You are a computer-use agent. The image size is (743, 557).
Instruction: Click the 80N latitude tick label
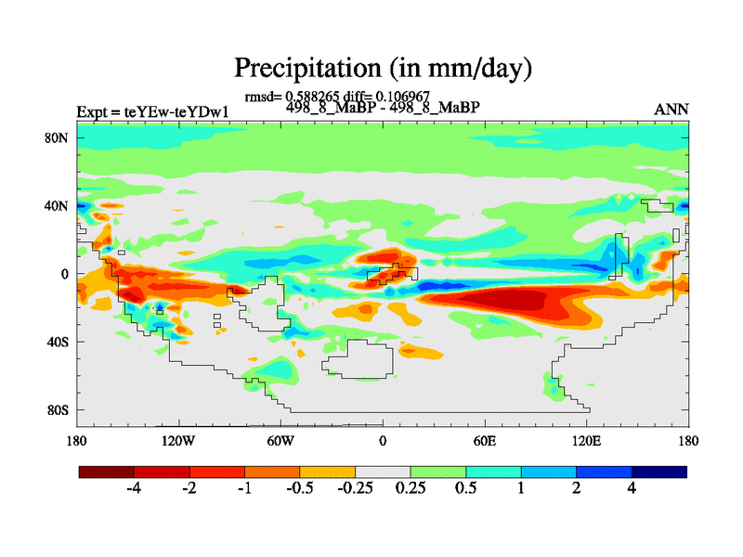pyautogui.click(x=59, y=137)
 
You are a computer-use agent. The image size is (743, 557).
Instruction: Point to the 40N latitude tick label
pyautogui.click(x=59, y=205)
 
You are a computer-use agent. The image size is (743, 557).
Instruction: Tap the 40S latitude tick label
pyautogui.click(x=59, y=342)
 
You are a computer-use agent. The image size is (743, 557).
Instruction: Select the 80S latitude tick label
pyautogui.click(x=59, y=409)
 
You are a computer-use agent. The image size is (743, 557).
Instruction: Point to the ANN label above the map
pyautogui.click(x=671, y=110)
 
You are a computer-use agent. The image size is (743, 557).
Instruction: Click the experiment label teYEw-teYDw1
pyautogui.click(x=176, y=111)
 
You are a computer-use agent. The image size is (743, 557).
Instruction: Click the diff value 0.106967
pyautogui.click(x=402, y=96)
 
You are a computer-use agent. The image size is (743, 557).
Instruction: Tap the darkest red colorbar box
pyautogui.click(x=107, y=473)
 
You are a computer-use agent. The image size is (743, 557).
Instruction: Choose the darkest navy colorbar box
pyautogui.click(x=658, y=473)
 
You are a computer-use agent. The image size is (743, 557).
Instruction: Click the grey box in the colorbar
pyautogui.click(x=383, y=473)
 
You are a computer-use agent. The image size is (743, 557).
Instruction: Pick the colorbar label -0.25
pyautogui.click(x=355, y=490)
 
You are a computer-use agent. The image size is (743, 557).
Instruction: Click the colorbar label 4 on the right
pyautogui.click(x=632, y=490)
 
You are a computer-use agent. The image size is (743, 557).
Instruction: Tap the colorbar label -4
pyautogui.click(x=133, y=490)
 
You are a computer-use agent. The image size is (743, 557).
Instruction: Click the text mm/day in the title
pyautogui.click(x=475, y=68)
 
